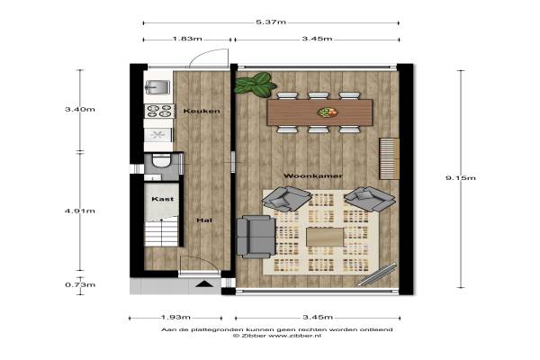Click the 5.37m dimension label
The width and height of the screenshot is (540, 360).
[271, 22]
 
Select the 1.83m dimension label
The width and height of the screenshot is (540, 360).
[187, 39]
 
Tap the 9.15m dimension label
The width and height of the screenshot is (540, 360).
[461, 178]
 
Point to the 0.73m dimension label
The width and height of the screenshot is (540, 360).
[80, 285]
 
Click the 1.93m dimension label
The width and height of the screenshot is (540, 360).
[175, 317]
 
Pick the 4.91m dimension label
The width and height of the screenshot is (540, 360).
[80, 211]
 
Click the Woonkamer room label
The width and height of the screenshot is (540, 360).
[312, 176]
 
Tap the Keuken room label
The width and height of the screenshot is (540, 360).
[202, 111]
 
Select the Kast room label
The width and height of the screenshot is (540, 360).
[163, 199]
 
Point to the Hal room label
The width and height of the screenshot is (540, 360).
[204, 220]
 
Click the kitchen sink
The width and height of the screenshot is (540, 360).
[157, 87]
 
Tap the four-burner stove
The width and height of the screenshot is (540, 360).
[158, 111]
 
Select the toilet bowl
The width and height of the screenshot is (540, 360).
[161, 160]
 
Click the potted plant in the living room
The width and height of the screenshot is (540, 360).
[255, 84]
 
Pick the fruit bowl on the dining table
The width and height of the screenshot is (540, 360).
[328, 112]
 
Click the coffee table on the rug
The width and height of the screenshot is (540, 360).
[325, 238]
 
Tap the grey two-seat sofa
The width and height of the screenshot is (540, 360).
[256, 237]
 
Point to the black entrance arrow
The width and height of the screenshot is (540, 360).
[204, 283]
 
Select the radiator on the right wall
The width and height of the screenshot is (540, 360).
[389, 158]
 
